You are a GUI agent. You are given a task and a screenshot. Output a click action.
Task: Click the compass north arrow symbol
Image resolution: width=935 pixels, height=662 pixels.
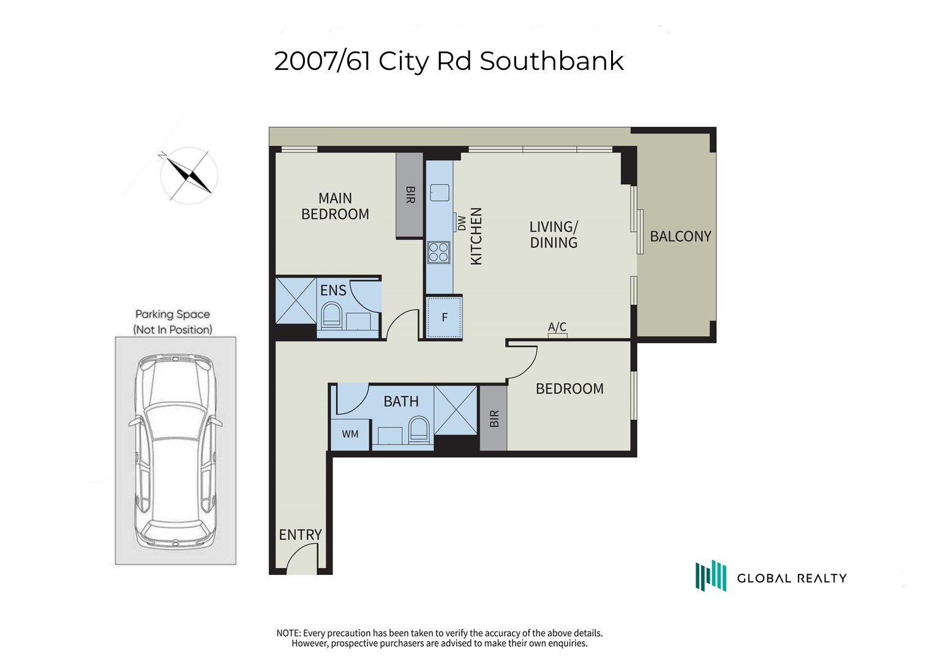189,175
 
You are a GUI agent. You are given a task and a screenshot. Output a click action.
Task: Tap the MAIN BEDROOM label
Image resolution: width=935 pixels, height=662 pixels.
335,206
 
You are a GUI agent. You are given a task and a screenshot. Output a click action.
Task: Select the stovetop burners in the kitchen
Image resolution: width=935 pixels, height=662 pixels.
438,253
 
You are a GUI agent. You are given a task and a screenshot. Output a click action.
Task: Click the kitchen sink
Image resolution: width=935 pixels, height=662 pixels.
440,192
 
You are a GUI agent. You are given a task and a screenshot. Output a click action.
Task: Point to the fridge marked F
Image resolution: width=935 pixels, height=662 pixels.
444,318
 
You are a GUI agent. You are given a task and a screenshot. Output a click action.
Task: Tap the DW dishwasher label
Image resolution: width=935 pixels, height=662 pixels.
461,223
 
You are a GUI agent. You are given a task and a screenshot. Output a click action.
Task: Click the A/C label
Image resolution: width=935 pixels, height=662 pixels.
557,326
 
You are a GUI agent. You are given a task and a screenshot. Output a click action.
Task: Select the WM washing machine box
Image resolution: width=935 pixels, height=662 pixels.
350,434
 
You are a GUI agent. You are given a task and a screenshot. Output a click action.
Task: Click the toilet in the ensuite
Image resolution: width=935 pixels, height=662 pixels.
332,314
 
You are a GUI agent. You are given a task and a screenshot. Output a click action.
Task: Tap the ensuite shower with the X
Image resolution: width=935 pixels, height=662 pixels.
296,300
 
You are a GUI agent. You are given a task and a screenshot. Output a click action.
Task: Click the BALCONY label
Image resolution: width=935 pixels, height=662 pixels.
680,237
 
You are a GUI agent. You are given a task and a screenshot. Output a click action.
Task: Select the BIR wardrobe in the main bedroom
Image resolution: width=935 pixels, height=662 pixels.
410,195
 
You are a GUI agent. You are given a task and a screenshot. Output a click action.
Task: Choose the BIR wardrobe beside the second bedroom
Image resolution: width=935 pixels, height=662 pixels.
494,418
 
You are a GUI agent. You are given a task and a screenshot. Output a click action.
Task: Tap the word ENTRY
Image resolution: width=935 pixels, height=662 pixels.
300,535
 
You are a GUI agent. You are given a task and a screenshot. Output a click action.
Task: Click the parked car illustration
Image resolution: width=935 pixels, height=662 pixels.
176,451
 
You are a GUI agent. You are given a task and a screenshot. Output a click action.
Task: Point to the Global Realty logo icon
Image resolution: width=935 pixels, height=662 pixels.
710,576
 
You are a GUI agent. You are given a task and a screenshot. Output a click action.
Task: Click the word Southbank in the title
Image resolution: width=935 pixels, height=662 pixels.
552,61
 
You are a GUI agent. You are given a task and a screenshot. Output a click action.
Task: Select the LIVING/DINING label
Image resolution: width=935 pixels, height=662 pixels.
554,234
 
